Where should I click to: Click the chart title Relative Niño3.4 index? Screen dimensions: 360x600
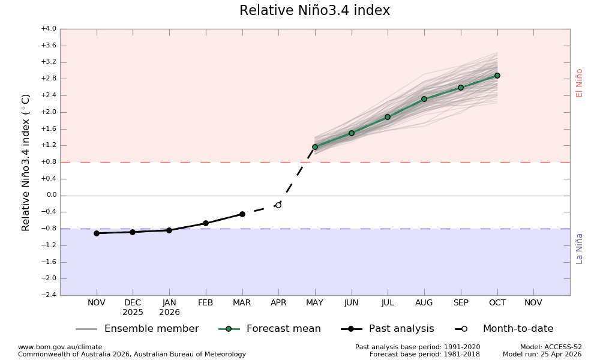coord(314,11)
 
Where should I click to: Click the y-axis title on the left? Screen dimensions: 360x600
coord(26,162)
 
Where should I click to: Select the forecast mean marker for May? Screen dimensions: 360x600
coord(315,147)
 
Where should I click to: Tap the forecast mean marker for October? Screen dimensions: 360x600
coord(497,76)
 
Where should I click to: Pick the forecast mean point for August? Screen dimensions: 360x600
coord(424,99)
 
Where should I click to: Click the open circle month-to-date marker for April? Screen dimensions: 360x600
coord(278,205)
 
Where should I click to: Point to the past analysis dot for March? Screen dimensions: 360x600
coord(242,214)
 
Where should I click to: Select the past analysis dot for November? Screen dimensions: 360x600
coord(97,233)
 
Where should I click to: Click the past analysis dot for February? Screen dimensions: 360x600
coord(206,223)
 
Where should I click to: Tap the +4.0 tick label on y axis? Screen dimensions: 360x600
coord(48,29)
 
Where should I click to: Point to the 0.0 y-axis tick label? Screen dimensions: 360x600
coord(51,195)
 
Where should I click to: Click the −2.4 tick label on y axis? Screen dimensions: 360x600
coord(48,295)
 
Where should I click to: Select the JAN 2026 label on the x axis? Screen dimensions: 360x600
coord(169,308)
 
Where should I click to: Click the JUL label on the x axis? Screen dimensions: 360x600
coord(388,303)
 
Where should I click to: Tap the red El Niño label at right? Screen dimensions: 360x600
coord(580,83)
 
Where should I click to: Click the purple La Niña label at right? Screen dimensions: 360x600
coord(580,248)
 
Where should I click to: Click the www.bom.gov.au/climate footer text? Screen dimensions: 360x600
coord(60,347)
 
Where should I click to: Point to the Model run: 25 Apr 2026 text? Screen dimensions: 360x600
coord(542,355)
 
